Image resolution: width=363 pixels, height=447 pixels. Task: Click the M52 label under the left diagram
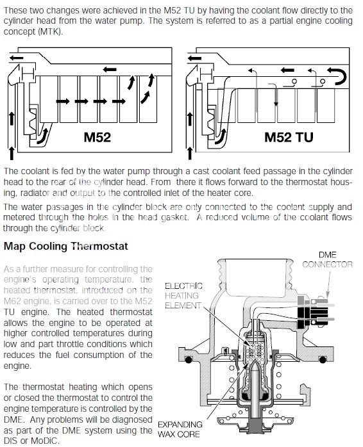click(x=97, y=137)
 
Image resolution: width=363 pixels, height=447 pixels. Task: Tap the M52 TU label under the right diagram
click(x=289, y=137)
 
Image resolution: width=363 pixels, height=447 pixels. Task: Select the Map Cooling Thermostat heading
click(x=65, y=246)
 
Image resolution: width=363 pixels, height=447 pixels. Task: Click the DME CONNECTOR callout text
click(x=327, y=259)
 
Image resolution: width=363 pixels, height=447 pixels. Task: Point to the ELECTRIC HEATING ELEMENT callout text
click(x=183, y=296)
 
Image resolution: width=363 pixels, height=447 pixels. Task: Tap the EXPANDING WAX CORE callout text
click(x=180, y=429)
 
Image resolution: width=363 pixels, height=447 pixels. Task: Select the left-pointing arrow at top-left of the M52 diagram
click(x=16, y=58)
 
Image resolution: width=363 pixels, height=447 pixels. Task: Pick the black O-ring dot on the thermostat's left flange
click(x=188, y=360)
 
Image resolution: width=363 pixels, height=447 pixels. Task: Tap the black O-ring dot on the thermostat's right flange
click(x=323, y=360)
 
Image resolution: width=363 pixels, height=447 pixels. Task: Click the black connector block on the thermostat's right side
click(x=305, y=314)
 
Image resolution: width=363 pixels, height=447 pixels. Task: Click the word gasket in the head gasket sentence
click(x=174, y=218)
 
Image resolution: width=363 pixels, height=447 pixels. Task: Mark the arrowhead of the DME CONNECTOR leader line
click(x=328, y=295)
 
